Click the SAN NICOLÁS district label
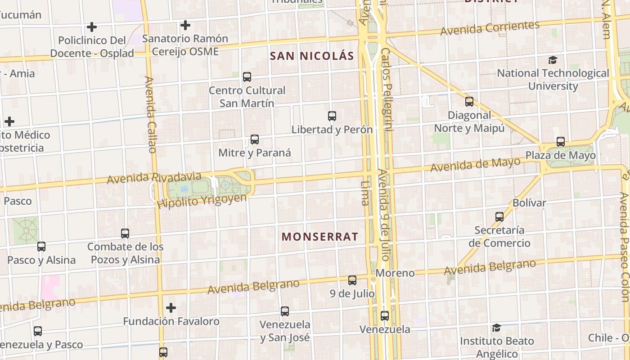(x=312, y=56)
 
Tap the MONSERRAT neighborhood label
(x=320, y=237)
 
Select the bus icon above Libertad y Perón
(x=332, y=116)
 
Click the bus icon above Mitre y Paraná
(x=255, y=139)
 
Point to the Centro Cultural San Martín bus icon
(x=247, y=77)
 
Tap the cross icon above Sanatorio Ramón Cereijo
(x=185, y=25)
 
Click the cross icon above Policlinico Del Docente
(x=92, y=27)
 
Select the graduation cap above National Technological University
(x=553, y=60)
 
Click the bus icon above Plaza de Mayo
(x=561, y=142)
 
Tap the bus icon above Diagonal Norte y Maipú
(x=469, y=102)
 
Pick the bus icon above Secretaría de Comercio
(x=499, y=217)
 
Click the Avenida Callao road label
(x=150, y=115)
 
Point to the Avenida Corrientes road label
(x=490, y=28)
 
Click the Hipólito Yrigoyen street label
(x=202, y=201)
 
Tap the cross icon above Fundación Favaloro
(x=171, y=308)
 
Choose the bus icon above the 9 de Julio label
(x=352, y=280)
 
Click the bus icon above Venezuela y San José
(x=285, y=311)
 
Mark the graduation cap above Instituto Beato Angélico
(x=496, y=328)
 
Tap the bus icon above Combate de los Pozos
(x=125, y=234)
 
